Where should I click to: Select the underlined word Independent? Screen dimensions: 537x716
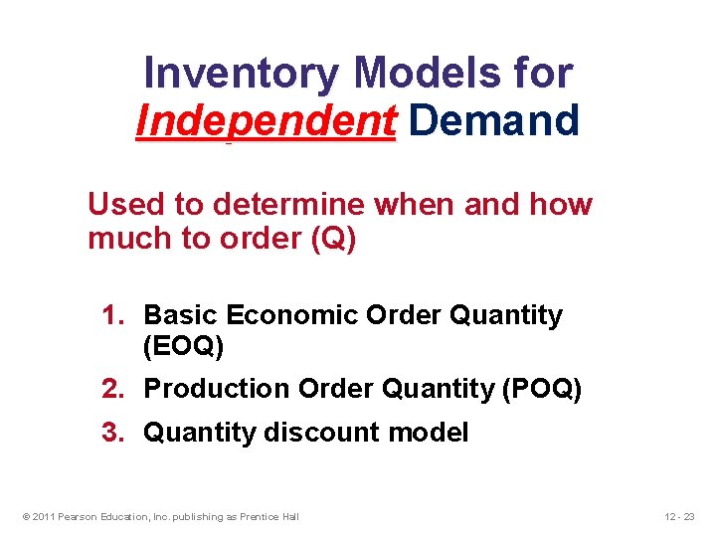266,120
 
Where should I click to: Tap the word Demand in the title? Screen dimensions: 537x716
493,120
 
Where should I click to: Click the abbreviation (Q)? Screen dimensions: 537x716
333,240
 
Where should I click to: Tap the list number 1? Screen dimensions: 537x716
112,315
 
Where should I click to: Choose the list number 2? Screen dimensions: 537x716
112,389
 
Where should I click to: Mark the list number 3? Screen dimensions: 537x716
112,433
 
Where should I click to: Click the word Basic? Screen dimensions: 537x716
182,315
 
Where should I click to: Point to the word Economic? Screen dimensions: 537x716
292,315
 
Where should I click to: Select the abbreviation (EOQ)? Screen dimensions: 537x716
184,346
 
